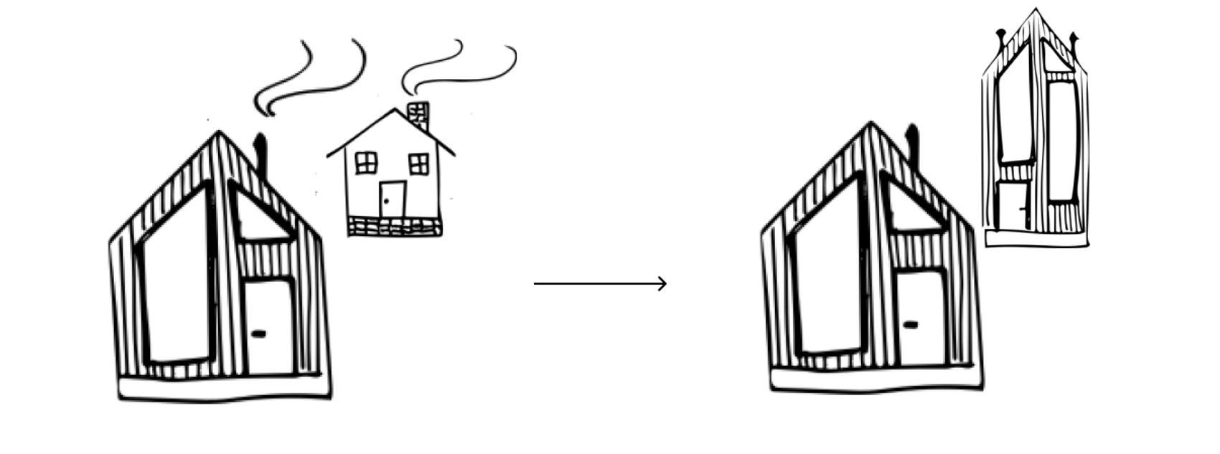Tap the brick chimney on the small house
(418, 114)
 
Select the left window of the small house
(366, 163)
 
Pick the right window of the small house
(419, 164)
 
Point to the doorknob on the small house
(386, 201)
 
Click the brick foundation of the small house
(395, 227)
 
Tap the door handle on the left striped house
(259, 334)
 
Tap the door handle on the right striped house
(910, 325)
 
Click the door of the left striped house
(268, 326)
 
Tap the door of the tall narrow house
(1013, 206)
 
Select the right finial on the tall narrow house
(1074, 39)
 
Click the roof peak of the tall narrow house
(1035, 11)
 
